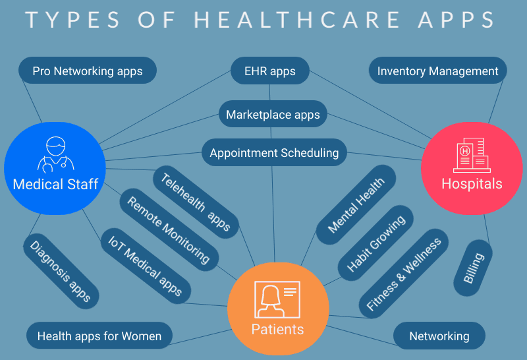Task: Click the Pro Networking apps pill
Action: [x=88, y=71]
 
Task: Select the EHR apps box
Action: [x=271, y=71]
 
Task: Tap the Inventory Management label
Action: [x=438, y=71]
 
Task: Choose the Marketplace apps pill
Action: [x=273, y=115]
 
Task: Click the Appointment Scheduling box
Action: [x=274, y=153]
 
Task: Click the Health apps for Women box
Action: [x=99, y=336]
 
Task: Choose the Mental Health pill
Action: [x=356, y=204]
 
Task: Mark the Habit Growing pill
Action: [x=375, y=241]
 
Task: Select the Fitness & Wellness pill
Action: [x=404, y=272]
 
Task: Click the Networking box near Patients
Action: [x=439, y=336]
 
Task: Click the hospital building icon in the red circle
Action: [x=471, y=156]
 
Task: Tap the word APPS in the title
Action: [x=455, y=20]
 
